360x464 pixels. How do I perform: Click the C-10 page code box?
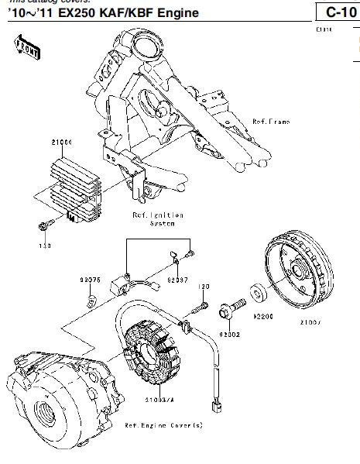click(x=335, y=12)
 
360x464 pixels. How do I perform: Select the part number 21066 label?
click(x=62, y=143)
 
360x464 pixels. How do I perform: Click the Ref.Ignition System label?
click(x=157, y=218)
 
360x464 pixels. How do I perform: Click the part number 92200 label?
click(x=264, y=317)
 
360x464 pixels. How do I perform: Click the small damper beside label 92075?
click(x=91, y=297)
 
